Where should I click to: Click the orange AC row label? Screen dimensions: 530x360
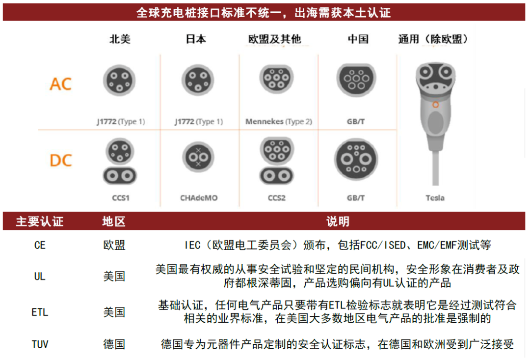[61, 84]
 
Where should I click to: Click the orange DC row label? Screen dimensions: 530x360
[61, 161]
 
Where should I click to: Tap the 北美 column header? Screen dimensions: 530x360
[120, 39]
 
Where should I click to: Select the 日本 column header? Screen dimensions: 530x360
[196, 39]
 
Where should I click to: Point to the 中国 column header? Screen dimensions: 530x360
[358, 39]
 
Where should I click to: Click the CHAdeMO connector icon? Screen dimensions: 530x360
[198, 157]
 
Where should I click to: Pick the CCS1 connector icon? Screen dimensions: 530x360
[120, 162]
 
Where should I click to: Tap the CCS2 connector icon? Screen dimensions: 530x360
[277, 161]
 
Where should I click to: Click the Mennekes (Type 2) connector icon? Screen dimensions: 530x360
[276, 79]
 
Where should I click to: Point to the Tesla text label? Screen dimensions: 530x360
[435, 198]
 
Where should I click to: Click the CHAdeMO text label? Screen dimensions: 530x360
[199, 198]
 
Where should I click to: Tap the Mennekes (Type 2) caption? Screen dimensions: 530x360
[279, 121]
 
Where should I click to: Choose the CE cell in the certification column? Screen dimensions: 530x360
[40, 245]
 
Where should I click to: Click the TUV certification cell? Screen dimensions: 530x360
[40, 344]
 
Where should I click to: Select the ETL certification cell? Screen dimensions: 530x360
[40, 312]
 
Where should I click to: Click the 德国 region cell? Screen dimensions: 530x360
[114, 344]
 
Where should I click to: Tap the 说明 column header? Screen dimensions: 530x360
[338, 222]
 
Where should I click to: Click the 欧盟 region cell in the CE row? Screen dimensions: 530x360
[114, 245]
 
